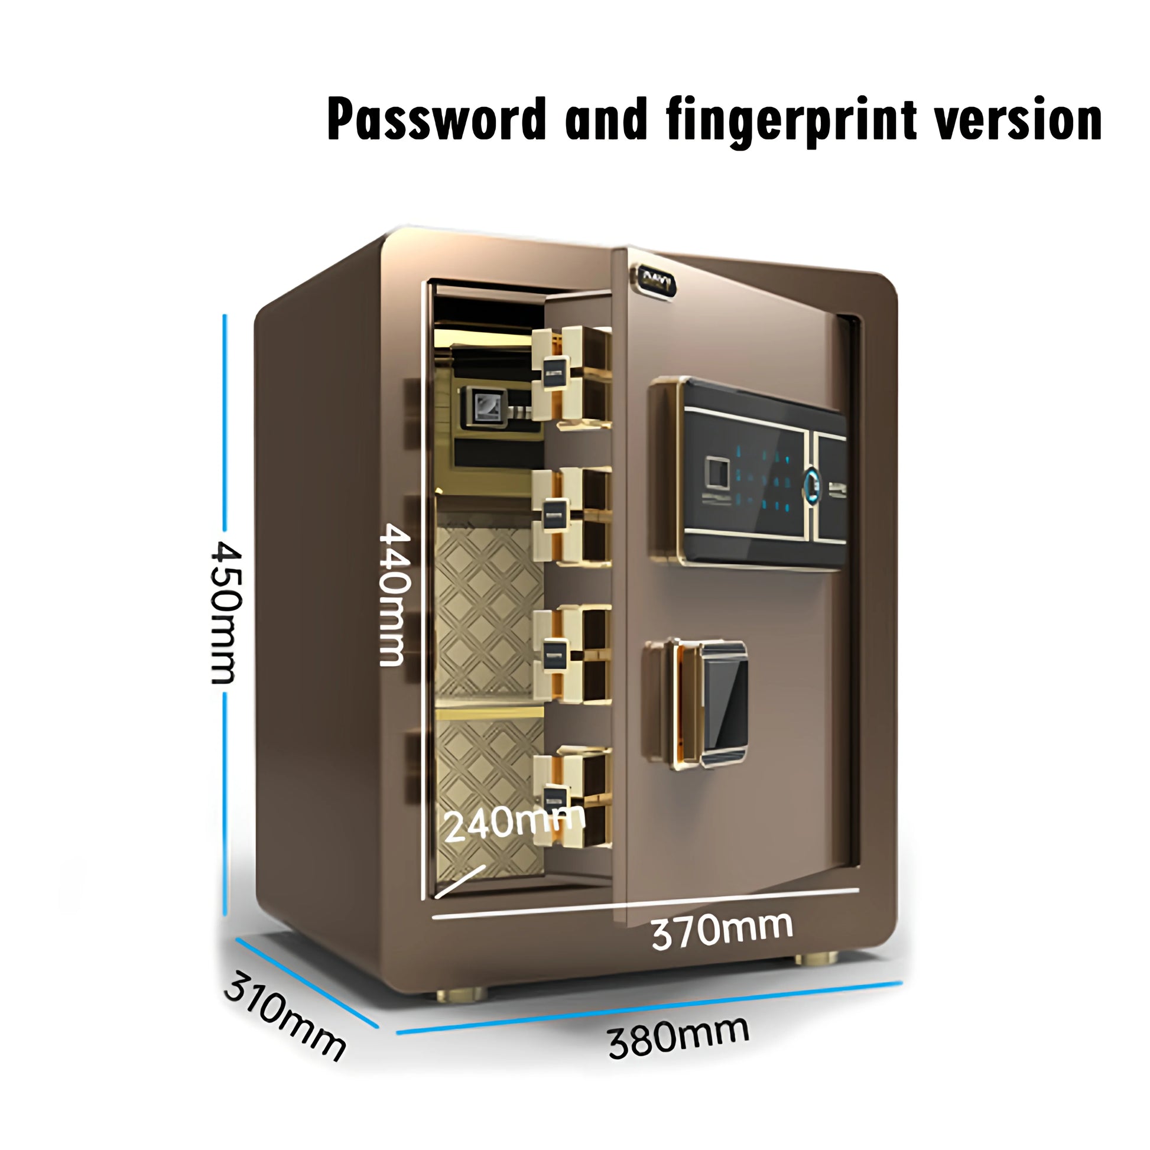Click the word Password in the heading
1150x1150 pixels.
436,119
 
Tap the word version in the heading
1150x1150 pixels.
1017,119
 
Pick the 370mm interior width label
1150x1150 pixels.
722,930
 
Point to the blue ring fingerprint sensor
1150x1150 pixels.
812,482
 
